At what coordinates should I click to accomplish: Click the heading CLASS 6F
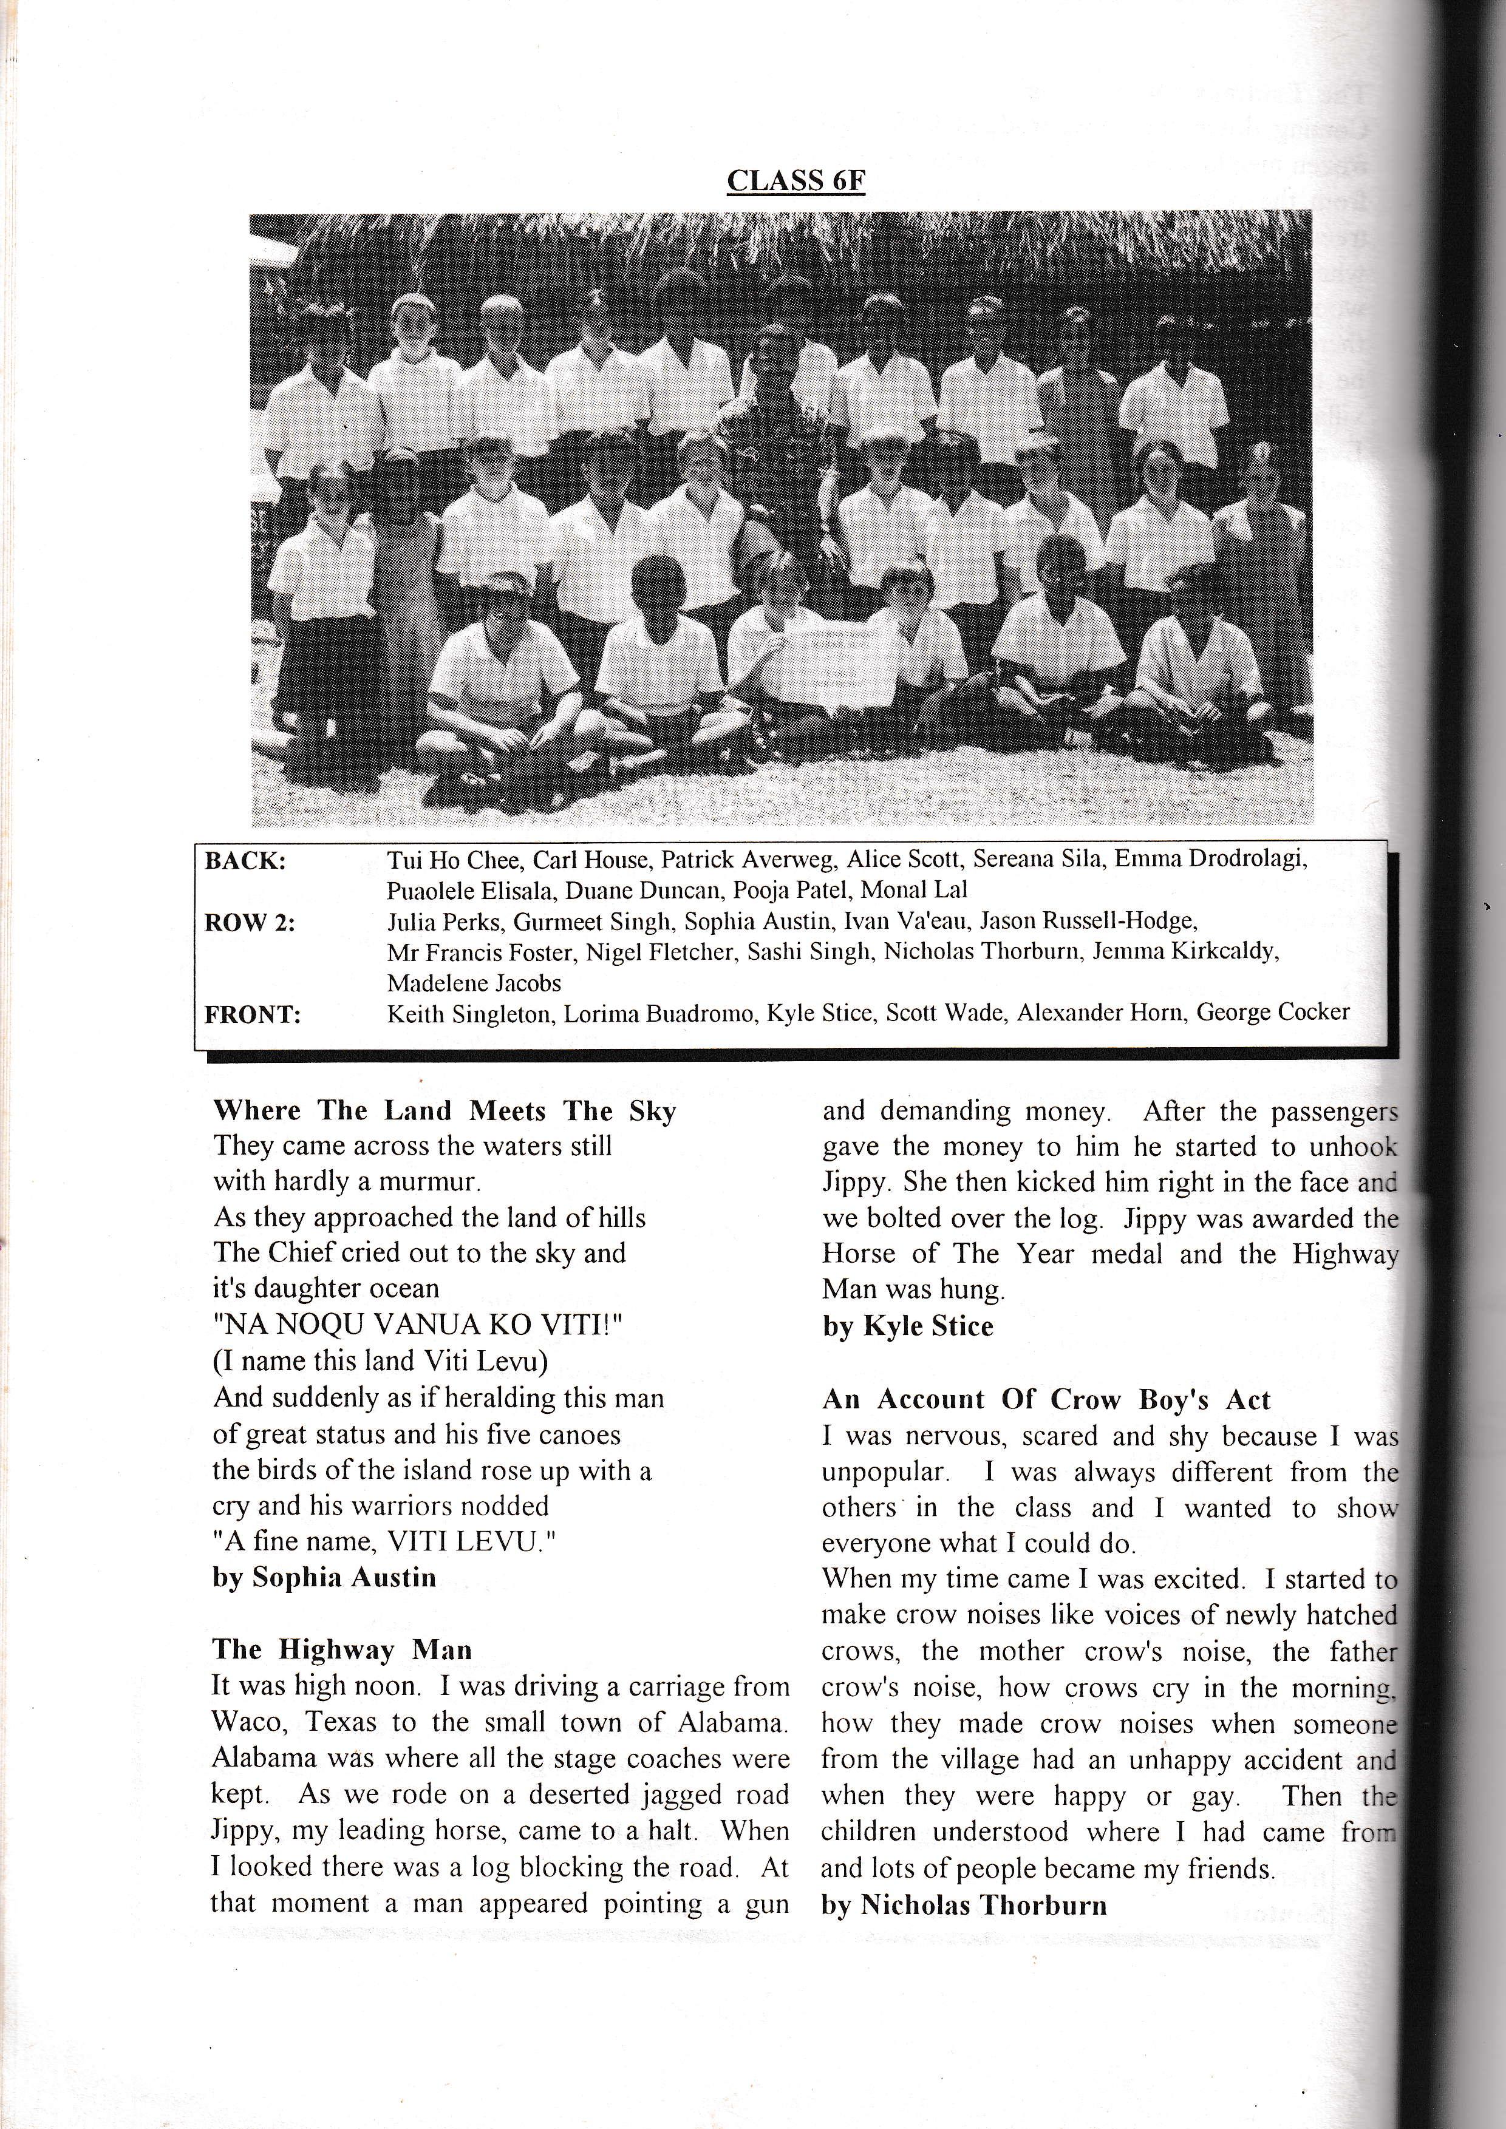[795, 181]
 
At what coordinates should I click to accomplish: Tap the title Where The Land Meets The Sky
[444, 1111]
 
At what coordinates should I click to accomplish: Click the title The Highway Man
[342, 1649]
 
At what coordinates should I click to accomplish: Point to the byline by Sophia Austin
[324, 1577]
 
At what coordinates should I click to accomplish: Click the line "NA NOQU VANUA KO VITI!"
[417, 1325]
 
